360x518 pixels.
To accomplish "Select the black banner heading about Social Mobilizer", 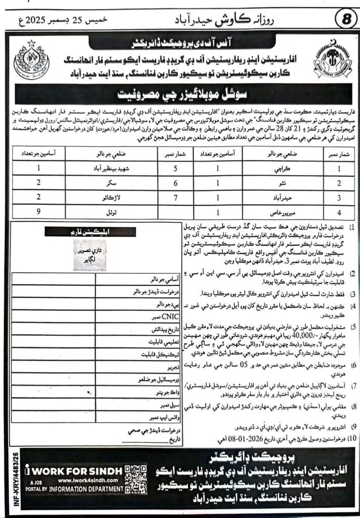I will pos(180,94).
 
